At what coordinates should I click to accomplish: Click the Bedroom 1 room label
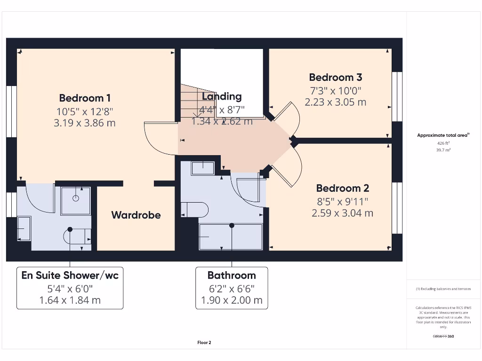pos(85,98)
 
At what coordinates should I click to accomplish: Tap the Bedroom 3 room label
pos(335,78)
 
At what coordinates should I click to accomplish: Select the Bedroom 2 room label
pos(342,188)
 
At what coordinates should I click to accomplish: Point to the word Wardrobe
pos(136,215)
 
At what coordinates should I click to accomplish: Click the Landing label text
pos(221,96)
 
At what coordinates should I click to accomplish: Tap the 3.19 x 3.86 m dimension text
pos(85,123)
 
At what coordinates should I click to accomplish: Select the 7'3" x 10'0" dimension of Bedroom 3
pos(335,90)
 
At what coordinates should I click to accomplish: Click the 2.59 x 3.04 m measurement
pos(342,213)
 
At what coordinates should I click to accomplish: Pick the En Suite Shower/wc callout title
pos(70,275)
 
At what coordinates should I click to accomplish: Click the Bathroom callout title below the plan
pos(232,275)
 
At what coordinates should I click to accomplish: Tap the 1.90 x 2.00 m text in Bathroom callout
pos(232,300)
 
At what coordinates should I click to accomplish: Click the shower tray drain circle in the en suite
pos(76,198)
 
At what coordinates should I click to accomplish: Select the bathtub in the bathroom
pos(231,237)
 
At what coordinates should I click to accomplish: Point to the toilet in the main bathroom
pos(196,210)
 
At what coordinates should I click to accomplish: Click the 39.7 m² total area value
pos(443,150)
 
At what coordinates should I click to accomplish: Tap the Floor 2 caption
pos(204,343)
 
